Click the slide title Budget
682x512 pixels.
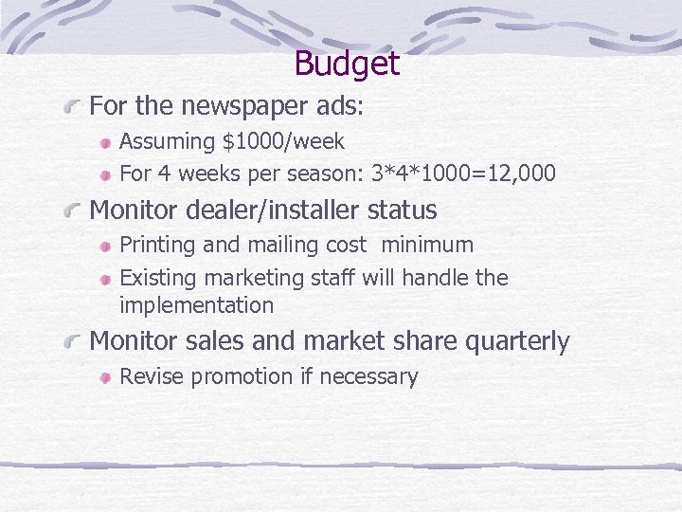(347, 64)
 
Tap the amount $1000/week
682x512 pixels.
(283, 142)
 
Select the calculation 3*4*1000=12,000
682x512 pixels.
(463, 174)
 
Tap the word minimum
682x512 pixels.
(427, 245)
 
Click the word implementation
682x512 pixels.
(196, 305)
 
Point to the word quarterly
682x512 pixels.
(517, 341)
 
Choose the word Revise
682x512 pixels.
(152, 376)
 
